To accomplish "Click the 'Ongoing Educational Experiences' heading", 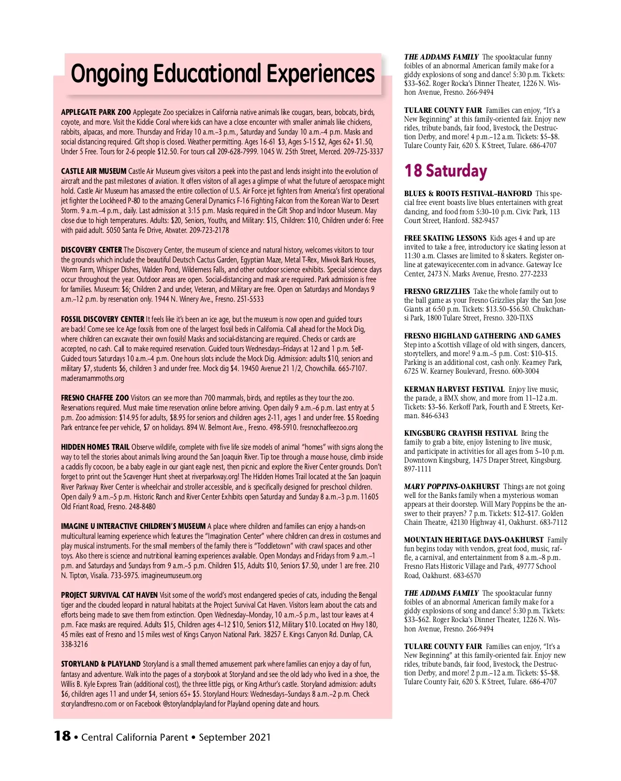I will click(x=223, y=74).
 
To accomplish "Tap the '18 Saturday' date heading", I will click(x=446, y=171).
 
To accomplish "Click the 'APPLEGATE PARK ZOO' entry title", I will click(x=96, y=112).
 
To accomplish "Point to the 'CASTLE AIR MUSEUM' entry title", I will click(x=94, y=171).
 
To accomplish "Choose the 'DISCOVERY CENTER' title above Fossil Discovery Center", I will click(x=92, y=250).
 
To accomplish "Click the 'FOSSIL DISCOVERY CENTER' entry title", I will click(x=102, y=319).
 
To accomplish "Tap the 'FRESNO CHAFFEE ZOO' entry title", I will click(x=95, y=398).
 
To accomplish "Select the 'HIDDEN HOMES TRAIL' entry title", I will click(x=95, y=447).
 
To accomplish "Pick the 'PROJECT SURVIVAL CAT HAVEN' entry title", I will click(x=109, y=595).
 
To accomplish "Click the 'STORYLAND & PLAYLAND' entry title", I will click(x=101, y=664).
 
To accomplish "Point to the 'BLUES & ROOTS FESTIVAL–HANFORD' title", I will click(x=468, y=194).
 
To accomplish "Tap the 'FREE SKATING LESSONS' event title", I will click(x=445, y=238).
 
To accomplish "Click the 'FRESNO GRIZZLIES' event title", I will click(x=437, y=291).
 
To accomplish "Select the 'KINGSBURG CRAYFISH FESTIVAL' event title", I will click(x=461, y=433).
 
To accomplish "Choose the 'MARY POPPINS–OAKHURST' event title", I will click(x=452, y=487).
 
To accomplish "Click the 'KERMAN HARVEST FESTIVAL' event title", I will click(x=454, y=389).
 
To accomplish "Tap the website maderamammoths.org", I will click(x=93, y=378).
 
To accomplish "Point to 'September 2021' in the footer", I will click(x=234, y=737).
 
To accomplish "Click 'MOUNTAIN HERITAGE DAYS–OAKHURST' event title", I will click(x=474, y=540).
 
